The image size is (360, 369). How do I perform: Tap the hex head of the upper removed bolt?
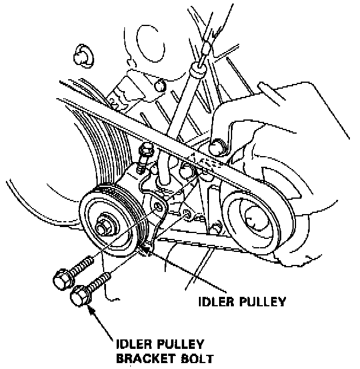coord(62,278)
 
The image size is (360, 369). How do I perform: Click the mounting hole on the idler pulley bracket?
coord(158,207)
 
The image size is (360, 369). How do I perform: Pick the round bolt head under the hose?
coord(221,143)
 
